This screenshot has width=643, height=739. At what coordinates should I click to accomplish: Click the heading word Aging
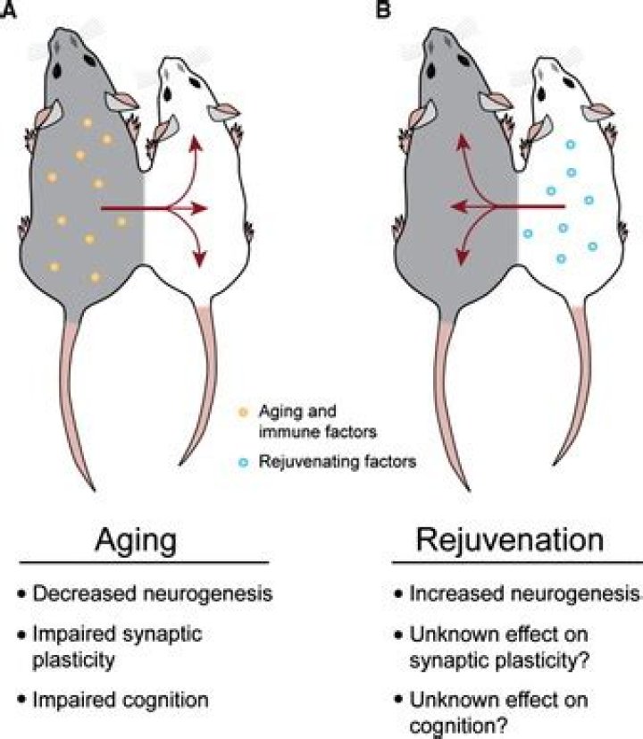click(139, 543)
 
